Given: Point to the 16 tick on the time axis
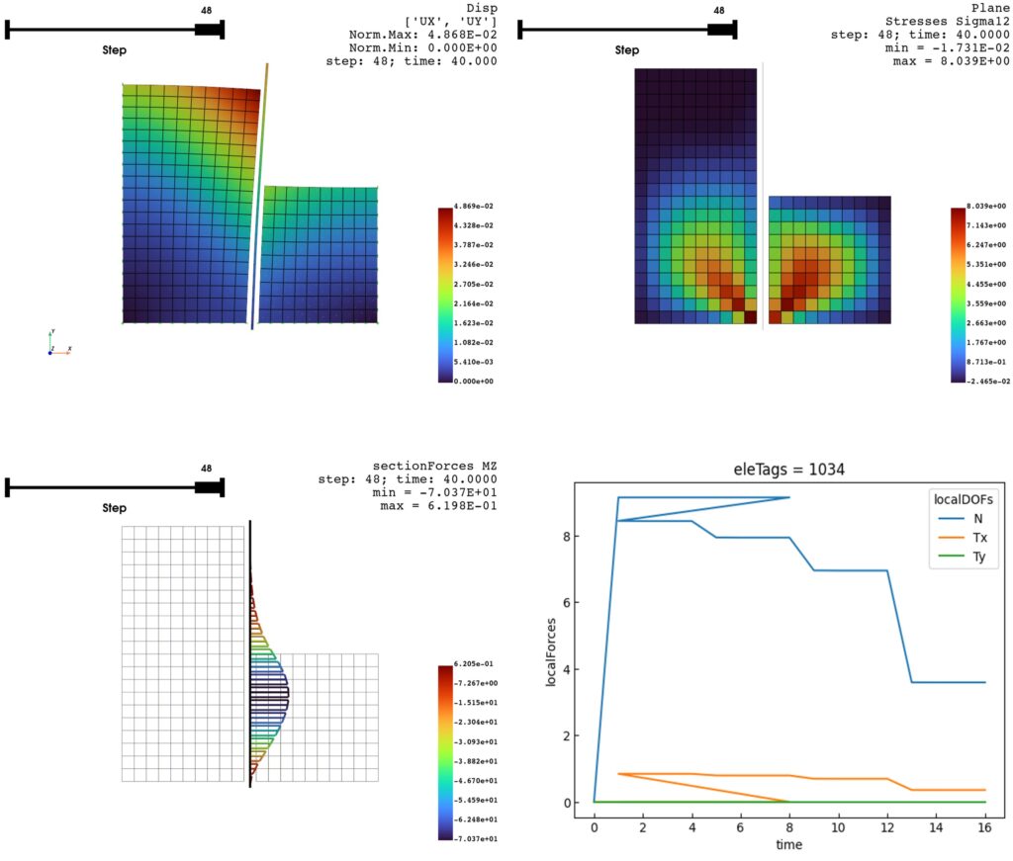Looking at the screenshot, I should (x=985, y=825).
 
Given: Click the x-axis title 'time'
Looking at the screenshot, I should (x=788, y=844).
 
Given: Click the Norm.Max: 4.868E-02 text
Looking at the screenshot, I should (x=422, y=35).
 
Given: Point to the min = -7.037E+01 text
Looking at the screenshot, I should (x=438, y=492).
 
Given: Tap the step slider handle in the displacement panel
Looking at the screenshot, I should (x=208, y=29).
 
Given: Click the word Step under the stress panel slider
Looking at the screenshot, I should (x=627, y=49).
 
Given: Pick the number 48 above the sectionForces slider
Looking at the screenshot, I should (x=206, y=469).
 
